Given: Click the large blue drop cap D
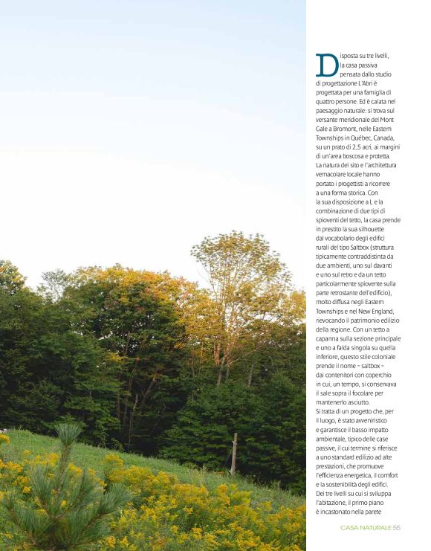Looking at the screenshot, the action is [327, 65].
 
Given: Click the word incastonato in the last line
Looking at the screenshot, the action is [345, 511].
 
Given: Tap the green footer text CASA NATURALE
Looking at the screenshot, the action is [366, 527].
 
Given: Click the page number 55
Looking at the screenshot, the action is [398, 527].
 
